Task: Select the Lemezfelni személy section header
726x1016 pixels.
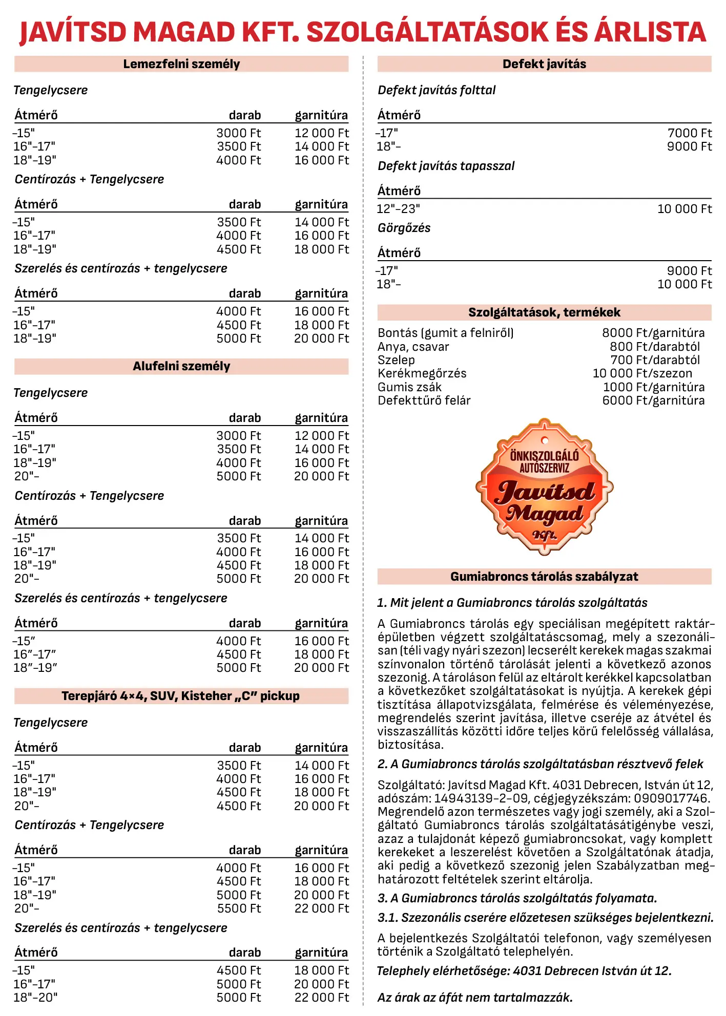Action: click(181, 64)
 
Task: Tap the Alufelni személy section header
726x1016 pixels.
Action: click(181, 366)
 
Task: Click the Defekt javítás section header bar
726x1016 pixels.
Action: click(544, 64)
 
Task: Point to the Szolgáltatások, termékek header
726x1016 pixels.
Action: click(544, 312)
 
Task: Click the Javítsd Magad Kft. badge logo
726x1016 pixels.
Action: click(545, 487)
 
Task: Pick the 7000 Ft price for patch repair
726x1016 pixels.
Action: click(689, 133)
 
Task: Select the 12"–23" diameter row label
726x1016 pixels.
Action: click(399, 209)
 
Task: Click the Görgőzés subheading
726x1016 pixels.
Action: click(404, 228)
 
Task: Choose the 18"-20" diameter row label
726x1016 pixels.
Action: click(35, 997)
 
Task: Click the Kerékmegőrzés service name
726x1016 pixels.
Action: click(422, 373)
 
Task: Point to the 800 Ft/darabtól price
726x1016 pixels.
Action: click(654, 347)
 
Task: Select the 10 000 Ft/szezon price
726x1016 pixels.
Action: click(642, 373)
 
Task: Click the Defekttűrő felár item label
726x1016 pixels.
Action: click(424, 400)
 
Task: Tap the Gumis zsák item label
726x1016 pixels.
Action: click(409, 387)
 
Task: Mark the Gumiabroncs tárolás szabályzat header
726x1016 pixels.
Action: click(544, 577)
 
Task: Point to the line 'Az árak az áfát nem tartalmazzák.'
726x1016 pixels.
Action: click(475, 998)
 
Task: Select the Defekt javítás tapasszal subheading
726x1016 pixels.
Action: click(446, 166)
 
